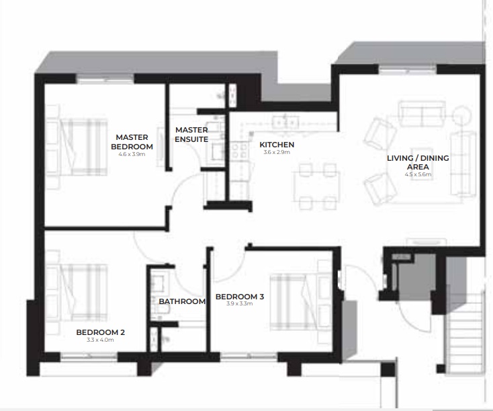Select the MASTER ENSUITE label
(x=191, y=135)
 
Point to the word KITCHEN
(x=277, y=145)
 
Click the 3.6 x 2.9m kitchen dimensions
(x=277, y=153)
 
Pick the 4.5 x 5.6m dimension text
(x=418, y=174)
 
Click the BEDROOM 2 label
(x=100, y=332)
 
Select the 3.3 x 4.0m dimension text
(x=100, y=340)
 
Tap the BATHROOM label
(x=182, y=301)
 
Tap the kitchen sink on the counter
(x=285, y=122)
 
